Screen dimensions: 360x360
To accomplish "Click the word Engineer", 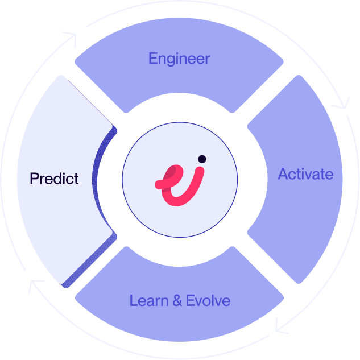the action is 179,58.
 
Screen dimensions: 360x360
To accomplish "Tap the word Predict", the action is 54,179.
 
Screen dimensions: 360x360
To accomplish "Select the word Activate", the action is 305,174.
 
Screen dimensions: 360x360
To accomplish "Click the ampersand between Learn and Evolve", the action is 177,300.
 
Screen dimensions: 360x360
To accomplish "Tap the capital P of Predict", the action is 34,179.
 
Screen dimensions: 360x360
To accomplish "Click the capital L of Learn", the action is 134,300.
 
